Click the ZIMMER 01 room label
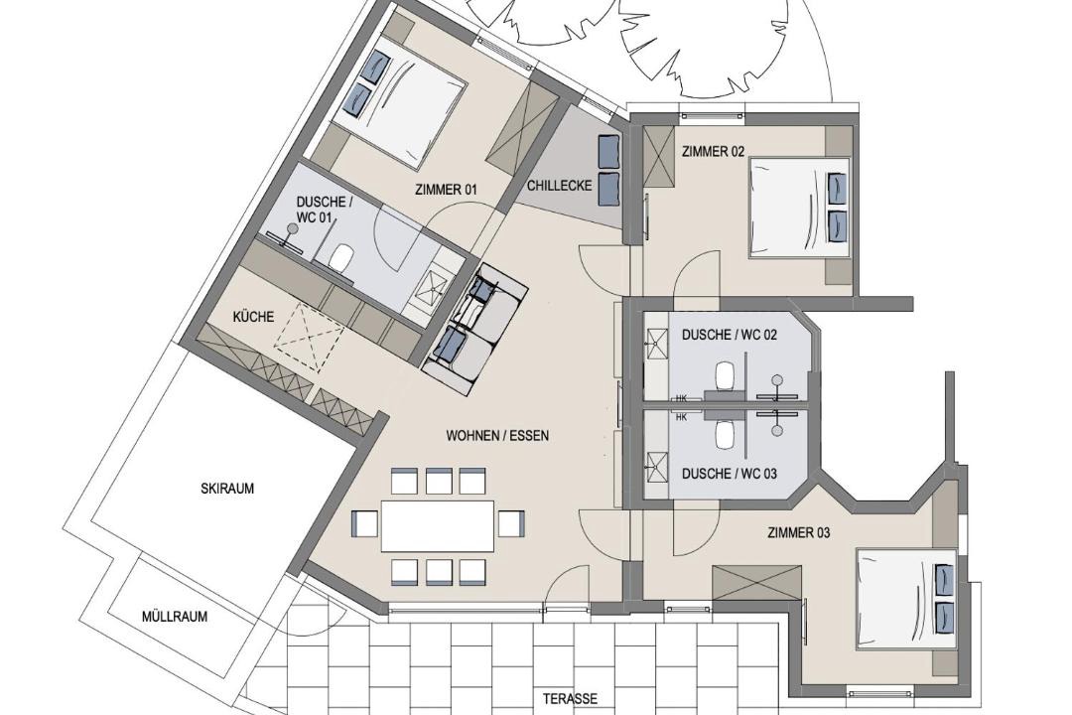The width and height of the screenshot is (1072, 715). (x=445, y=191)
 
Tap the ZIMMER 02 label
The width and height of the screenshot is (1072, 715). (x=713, y=152)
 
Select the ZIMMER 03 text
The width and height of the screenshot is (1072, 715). (x=798, y=532)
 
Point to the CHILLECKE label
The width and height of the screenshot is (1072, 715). (x=559, y=186)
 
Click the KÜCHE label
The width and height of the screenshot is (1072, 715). (x=254, y=316)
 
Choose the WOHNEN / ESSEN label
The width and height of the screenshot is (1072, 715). (x=497, y=435)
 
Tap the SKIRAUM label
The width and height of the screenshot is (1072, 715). (x=227, y=489)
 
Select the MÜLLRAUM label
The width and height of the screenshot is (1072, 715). (x=175, y=617)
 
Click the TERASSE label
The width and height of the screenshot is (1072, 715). (x=570, y=698)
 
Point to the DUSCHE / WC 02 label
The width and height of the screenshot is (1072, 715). (x=730, y=336)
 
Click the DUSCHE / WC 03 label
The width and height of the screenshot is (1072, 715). (x=730, y=474)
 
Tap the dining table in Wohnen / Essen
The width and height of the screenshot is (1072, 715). (x=438, y=525)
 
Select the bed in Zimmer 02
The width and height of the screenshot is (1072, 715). (x=799, y=208)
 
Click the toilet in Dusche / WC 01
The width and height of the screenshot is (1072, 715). (x=339, y=257)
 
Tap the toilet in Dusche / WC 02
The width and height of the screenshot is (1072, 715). (x=724, y=375)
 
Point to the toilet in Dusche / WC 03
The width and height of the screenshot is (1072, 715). (x=724, y=433)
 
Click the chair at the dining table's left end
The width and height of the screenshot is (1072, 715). (x=365, y=524)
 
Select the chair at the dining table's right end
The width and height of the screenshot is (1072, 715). (x=510, y=524)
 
